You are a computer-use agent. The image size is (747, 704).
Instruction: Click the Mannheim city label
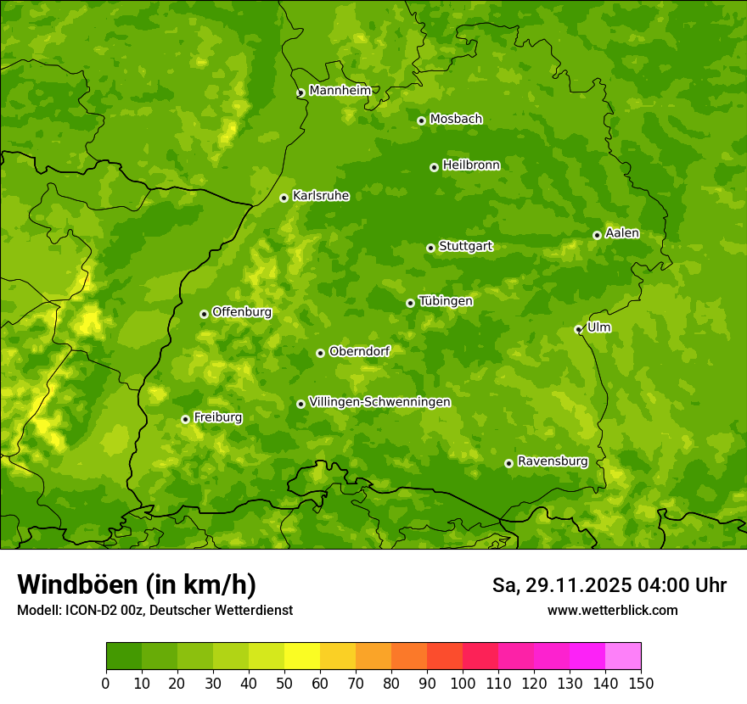pos(340,91)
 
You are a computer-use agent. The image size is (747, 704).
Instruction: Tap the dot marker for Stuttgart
pos(430,248)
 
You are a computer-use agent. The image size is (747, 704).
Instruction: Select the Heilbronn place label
pos(471,165)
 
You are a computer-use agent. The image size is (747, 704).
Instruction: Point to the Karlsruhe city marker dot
pos(284,198)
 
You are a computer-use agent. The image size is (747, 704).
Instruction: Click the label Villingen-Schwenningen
pos(379,402)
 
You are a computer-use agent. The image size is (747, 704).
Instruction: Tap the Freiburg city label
pos(217,417)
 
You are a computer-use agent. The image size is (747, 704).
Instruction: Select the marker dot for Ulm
pos(578,329)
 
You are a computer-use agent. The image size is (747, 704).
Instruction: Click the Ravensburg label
pos(553,461)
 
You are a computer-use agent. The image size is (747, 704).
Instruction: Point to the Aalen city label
pos(622,233)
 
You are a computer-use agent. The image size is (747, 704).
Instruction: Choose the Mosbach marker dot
pos(421,120)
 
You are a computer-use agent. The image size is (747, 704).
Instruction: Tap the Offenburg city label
pos(242,312)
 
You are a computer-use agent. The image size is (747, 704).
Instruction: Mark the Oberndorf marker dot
pos(320,353)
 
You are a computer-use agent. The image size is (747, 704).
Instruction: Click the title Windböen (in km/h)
pos(137,584)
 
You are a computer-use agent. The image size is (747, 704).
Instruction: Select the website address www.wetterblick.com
pos(612,610)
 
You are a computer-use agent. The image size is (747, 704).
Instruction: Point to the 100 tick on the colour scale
pos(463,682)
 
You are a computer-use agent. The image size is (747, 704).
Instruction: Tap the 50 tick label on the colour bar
pos(284,682)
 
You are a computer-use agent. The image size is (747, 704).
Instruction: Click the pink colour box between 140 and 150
pos(623,656)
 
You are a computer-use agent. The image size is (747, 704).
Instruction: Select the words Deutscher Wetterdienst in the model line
pos(228,610)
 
